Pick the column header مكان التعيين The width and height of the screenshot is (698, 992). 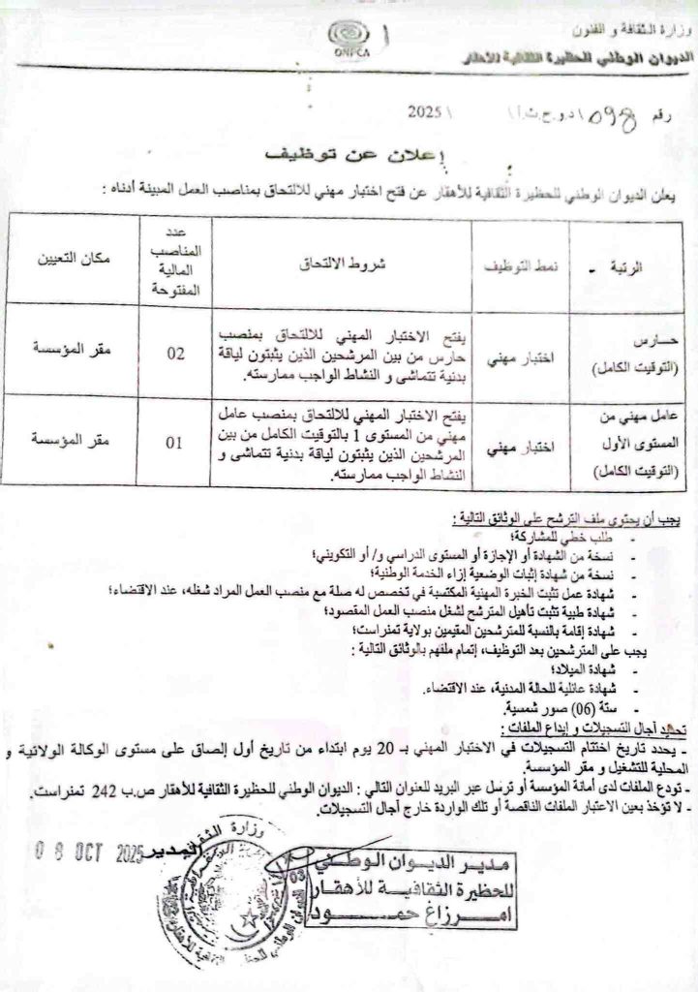pos(74,260)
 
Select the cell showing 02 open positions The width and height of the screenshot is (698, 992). pos(174,354)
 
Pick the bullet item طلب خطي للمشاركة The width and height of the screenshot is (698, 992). pos(571,538)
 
